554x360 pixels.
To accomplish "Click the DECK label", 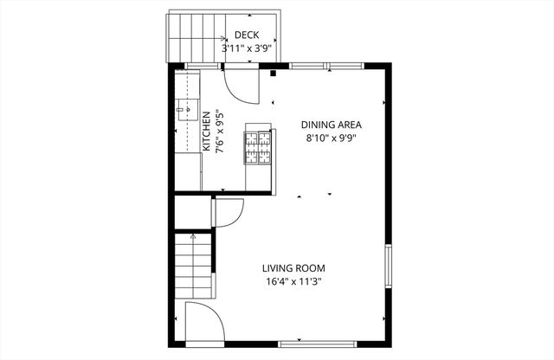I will coord(247,35).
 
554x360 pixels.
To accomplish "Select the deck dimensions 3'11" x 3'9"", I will coord(247,48).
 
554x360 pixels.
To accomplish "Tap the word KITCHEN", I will coord(207,132).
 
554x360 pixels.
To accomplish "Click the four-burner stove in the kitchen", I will coord(258,145).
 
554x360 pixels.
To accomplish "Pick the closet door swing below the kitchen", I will coord(227,211).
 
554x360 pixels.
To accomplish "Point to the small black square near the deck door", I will coord(274,74).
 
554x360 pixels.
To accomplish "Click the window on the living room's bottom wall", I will coord(297,342).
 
